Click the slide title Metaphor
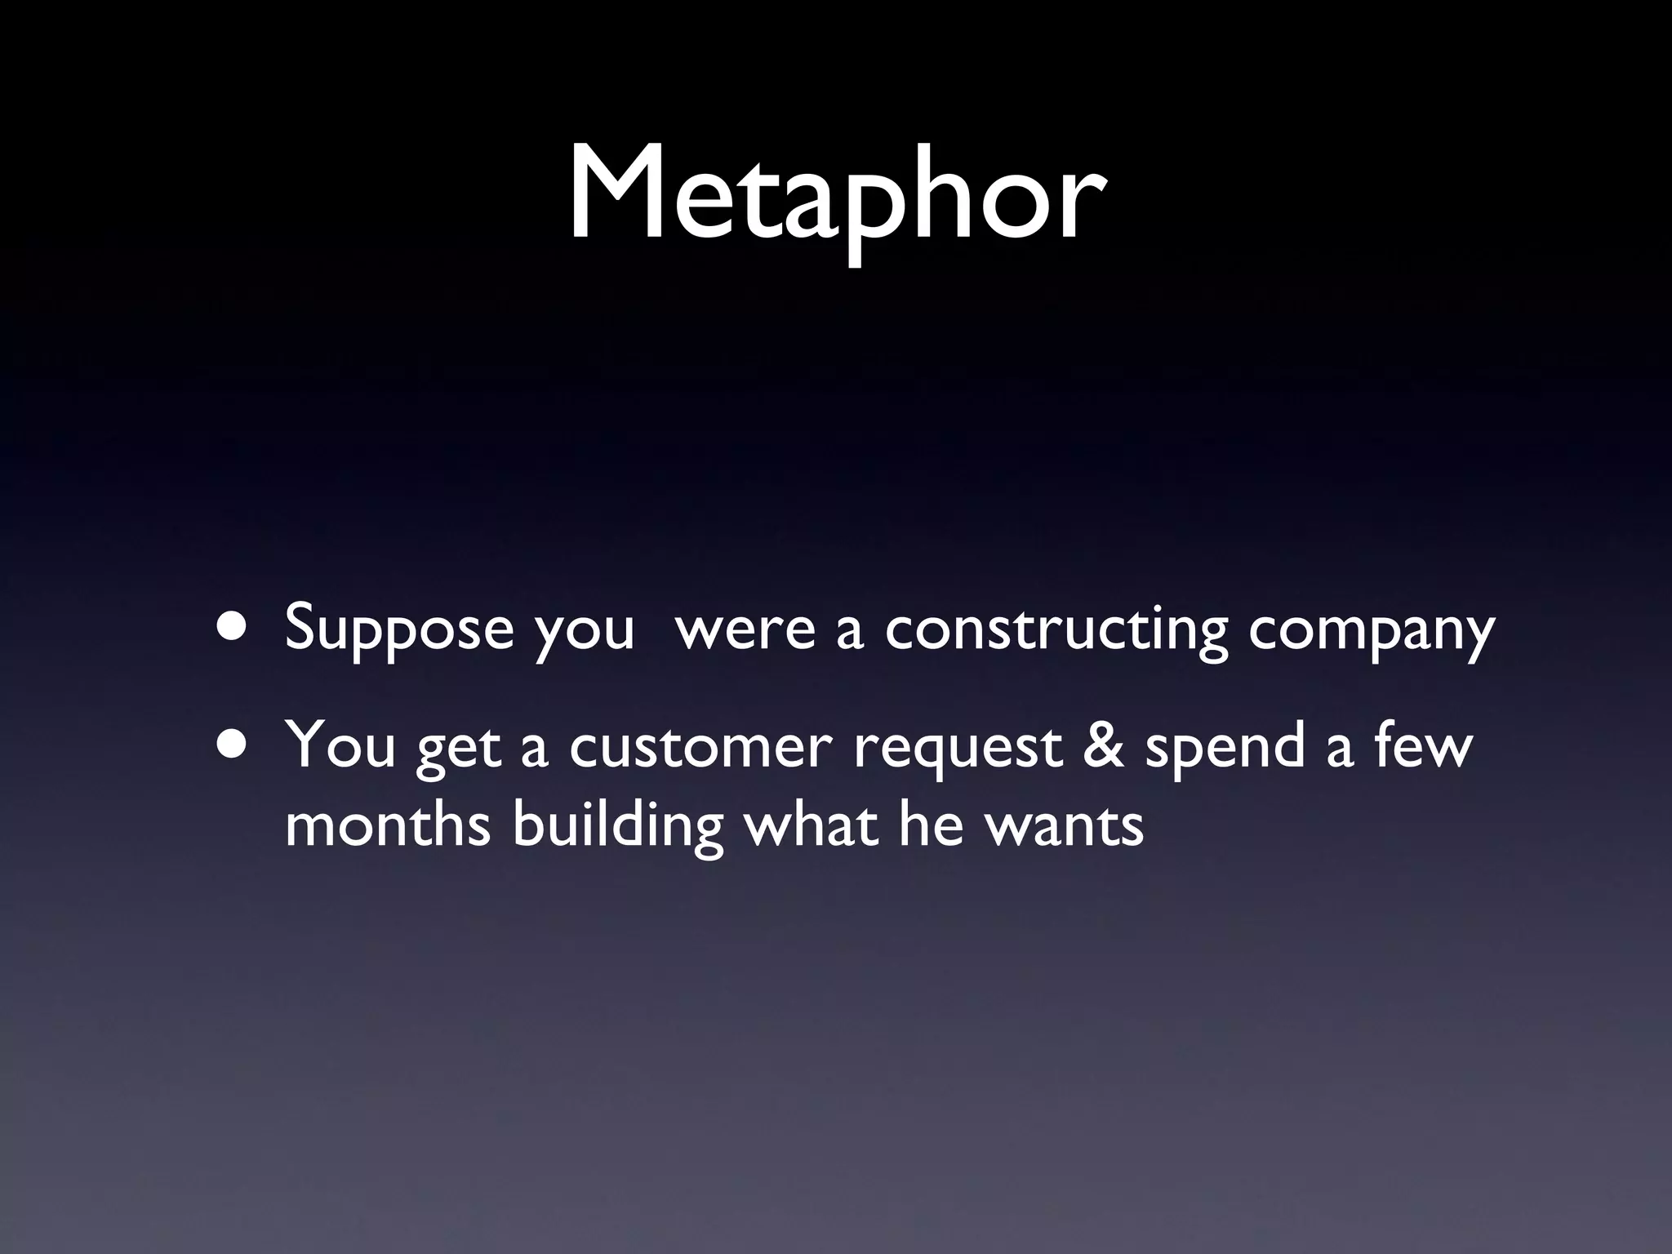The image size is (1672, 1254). click(836, 196)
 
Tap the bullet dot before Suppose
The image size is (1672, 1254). click(233, 627)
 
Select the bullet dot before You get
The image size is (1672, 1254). click(233, 746)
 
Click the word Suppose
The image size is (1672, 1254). click(399, 629)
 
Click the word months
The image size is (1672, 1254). click(388, 826)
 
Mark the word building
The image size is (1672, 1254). click(618, 826)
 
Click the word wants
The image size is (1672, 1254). click(1064, 826)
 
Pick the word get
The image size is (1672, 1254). click(458, 749)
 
